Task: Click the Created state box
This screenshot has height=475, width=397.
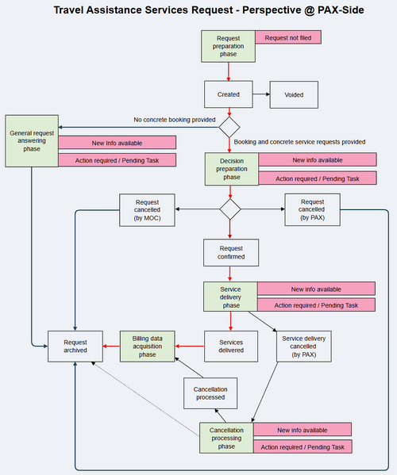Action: pyautogui.click(x=229, y=94)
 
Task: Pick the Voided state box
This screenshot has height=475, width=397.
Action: pyautogui.click(x=294, y=94)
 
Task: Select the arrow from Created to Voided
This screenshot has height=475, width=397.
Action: pyautogui.click(x=261, y=94)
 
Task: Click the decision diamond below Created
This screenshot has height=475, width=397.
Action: pyautogui.click(x=229, y=127)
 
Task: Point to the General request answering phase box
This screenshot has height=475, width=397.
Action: pyautogui.click(x=31, y=140)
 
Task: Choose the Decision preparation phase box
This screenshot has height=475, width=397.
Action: pyautogui.click(x=231, y=168)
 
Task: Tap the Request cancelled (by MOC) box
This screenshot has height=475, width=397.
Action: pyautogui.click(x=147, y=209)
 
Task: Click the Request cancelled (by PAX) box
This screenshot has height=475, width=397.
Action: pyautogui.click(x=312, y=209)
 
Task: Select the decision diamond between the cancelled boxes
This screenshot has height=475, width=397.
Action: pyautogui.click(x=229, y=209)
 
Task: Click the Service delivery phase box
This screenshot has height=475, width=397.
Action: pyautogui.click(x=230, y=297)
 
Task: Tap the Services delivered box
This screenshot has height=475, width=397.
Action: pyautogui.click(x=230, y=345)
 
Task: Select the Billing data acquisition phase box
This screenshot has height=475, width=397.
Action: pyautogui.click(x=147, y=345)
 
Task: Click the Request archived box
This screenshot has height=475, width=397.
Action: pyautogui.click(x=75, y=345)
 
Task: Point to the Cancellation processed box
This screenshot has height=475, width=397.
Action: pyautogui.click(x=210, y=392)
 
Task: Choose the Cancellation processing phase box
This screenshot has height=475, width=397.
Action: pyautogui.click(x=226, y=438)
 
